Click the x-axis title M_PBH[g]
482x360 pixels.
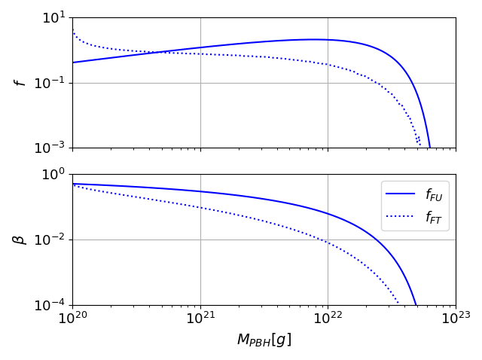(264, 340)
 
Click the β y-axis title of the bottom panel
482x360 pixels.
(21, 239)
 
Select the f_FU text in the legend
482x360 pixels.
(433, 195)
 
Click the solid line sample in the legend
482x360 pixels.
(402, 194)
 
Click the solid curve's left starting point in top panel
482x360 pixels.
(73, 63)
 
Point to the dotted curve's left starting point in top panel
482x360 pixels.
(73, 32)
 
